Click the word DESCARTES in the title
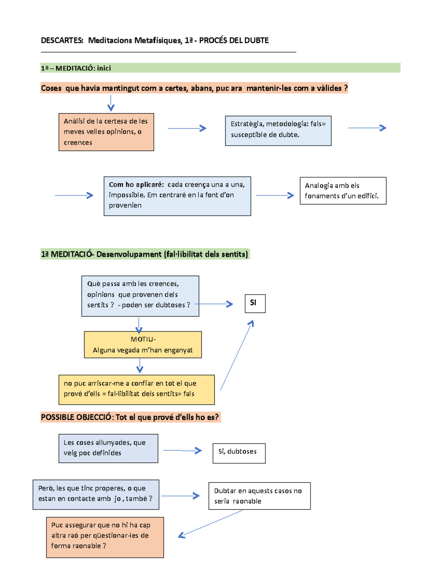click(x=62, y=40)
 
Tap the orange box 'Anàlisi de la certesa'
click(x=106, y=132)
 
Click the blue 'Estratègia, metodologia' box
click(x=278, y=131)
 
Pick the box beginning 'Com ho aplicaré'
click(x=177, y=196)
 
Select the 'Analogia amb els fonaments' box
click(x=343, y=190)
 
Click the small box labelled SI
click(x=255, y=303)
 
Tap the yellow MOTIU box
click(x=143, y=345)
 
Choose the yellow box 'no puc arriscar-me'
click(x=137, y=389)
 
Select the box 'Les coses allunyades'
click(x=108, y=448)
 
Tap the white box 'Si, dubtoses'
click(x=239, y=453)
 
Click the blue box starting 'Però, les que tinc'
click(x=96, y=494)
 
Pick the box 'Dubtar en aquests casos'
click(x=259, y=496)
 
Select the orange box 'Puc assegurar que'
click(x=105, y=538)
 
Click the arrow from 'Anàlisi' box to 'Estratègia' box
click(x=187, y=128)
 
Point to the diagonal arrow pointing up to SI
click(x=237, y=355)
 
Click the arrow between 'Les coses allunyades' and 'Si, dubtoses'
click(x=183, y=450)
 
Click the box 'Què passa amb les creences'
click(x=140, y=296)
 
